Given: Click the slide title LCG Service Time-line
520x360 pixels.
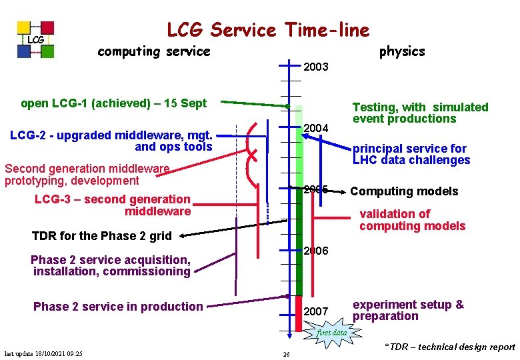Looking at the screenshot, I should click(x=267, y=30).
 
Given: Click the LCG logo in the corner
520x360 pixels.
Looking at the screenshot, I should click(x=36, y=40).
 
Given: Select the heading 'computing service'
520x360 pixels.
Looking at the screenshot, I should click(x=153, y=51).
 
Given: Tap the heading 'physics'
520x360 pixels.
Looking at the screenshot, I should click(x=401, y=51).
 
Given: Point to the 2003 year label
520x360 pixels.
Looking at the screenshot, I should click(x=316, y=67).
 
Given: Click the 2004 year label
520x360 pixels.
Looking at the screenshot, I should click(x=316, y=128).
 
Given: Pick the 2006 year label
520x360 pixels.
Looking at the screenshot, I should click(x=316, y=251).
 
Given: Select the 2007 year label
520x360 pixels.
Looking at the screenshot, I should click(x=316, y=312).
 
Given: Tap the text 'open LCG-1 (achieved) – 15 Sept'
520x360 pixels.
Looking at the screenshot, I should click(x=114, y=103).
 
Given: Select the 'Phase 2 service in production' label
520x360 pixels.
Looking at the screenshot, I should click(x=118, y=307).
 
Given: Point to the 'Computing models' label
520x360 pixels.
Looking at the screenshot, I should click(x=404, y=192).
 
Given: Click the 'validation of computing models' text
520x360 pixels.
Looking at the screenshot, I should click(x=412, y=220).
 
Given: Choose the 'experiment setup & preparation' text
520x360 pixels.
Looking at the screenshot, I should click(x=408, y=310).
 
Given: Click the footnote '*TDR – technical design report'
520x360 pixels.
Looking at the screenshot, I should click(x=450, y=347).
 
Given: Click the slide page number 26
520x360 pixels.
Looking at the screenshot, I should click(x=285, y=354).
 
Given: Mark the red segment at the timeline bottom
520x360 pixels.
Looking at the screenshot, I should click(x=299, y=313).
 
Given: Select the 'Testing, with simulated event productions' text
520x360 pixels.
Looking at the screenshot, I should click(x=420, y=113).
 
